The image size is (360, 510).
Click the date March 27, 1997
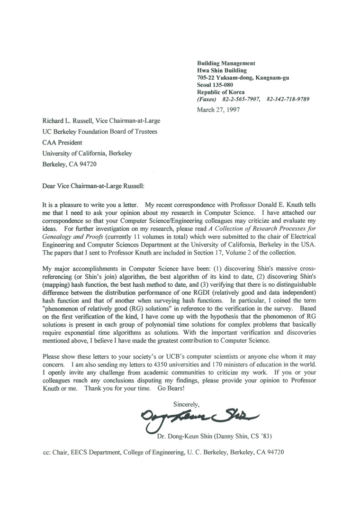[x=218, y=109]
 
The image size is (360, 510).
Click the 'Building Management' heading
[x=226, y=63]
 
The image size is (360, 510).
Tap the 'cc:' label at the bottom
[x=47, y=452]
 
